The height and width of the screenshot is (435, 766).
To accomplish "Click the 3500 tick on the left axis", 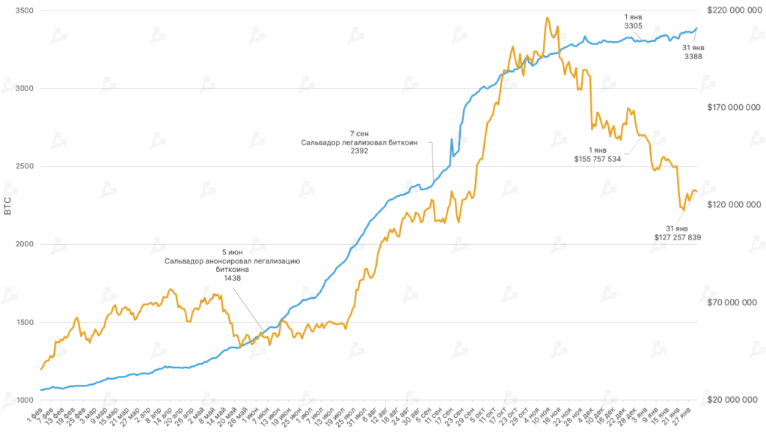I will (x=25, y=10).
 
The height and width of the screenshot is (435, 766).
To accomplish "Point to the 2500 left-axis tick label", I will (x=25, y=166).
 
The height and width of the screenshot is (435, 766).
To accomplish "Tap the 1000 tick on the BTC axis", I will (x=25, y=400).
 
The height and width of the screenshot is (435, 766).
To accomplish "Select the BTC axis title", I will (x=7, y=205).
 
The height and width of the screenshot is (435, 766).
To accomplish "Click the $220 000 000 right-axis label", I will (x=733, y=10).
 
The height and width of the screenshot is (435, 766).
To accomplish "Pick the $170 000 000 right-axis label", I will (x=733, y=108).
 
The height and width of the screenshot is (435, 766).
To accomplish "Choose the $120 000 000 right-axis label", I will (x=733, y=205).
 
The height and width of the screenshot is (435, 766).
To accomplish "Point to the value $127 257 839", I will (x=677, y=237).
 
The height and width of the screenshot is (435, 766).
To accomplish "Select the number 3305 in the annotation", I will (x=633, y=25).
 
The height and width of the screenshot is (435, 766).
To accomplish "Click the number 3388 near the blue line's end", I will (x=693, y=57).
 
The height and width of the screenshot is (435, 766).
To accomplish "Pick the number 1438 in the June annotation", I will (x=233, y=278).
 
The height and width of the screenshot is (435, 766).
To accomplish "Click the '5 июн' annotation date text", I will (x=233, y=252).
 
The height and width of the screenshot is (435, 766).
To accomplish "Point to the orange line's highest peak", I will (x=548, y=17).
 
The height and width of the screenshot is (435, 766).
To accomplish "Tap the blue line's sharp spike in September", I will (x=451, y=139).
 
